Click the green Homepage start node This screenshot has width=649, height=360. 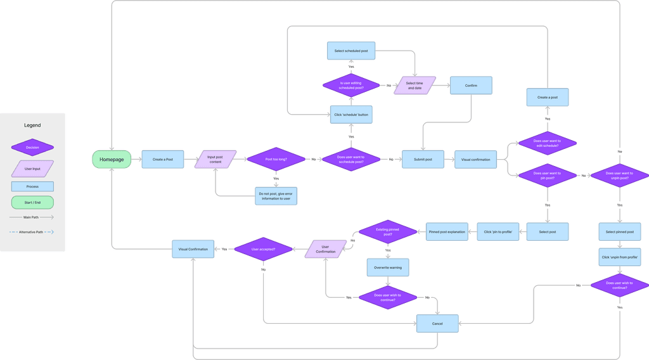112,160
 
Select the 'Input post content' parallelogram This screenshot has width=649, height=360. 215,160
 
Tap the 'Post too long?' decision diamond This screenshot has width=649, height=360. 276,160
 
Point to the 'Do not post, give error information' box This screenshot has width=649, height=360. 276,195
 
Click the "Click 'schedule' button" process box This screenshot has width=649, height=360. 350,114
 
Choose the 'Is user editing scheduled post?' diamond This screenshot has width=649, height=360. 350,85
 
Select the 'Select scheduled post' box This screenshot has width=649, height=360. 350,51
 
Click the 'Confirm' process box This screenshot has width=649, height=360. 471,86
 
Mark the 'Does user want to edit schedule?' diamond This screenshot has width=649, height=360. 548,144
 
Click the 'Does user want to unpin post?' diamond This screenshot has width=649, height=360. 620,176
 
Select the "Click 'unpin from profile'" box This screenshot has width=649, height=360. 620,257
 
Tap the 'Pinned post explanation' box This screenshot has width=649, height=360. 446,232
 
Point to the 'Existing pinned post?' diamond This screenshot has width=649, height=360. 388,232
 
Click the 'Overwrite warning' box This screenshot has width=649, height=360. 388,267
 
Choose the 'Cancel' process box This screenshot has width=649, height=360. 437,324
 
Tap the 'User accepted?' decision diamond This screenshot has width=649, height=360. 264,249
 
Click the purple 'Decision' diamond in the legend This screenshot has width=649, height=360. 32,147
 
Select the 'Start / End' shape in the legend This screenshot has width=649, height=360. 32,202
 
